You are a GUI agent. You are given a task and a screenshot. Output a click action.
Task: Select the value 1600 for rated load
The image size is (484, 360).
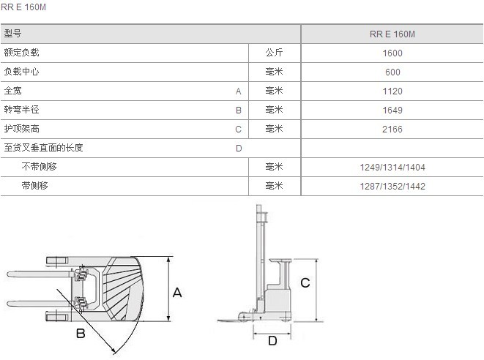click(392, 53)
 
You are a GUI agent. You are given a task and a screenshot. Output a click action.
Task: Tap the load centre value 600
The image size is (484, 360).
click(392, 72)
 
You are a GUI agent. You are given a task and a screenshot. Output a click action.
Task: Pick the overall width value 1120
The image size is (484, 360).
click(392, 91)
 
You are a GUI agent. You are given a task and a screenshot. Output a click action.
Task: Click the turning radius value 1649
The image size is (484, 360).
click(392, 110)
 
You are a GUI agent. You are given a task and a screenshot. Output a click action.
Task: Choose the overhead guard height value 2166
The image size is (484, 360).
click(392, 130)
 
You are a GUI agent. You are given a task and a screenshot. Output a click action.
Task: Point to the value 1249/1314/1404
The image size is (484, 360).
click(392, 168)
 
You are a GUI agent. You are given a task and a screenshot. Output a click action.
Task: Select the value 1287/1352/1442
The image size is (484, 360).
click(392, 187)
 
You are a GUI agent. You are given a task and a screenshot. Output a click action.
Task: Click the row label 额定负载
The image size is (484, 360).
click(21, 53)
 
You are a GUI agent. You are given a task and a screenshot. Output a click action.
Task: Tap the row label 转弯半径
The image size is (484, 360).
click(21, 110)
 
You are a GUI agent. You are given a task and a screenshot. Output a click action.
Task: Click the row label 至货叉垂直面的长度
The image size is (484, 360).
click(43, 148)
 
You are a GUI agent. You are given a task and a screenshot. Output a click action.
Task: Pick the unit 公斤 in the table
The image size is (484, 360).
click(275, 53)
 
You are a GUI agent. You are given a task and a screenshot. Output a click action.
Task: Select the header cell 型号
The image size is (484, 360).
click(12, 34)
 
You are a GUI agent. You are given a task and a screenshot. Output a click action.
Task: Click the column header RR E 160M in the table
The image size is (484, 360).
click(392, 34)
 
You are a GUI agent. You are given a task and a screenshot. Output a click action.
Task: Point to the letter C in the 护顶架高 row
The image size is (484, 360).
click(238, 130)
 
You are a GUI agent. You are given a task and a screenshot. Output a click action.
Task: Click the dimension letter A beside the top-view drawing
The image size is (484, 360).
click(177, 292)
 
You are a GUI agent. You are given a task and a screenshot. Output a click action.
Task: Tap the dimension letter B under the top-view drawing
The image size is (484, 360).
click(81, 334)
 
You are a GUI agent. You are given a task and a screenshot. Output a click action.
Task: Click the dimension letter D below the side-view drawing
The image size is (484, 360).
click(272, 341)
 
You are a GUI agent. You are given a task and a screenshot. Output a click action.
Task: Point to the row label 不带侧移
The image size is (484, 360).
click(39, 167)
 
